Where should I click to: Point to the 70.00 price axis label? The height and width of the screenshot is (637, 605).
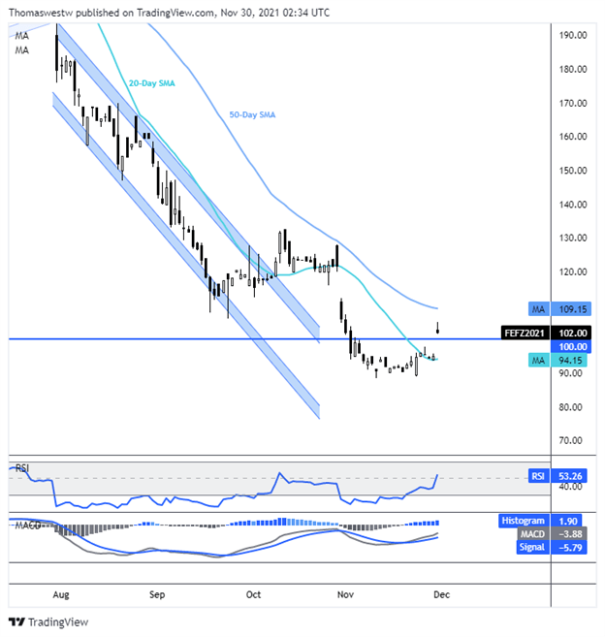point(572,440)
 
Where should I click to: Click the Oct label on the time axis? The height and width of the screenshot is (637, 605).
point(254,590)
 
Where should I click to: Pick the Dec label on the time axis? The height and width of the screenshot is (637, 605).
point(439,590)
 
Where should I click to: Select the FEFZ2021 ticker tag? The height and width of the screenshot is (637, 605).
point(525,331)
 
